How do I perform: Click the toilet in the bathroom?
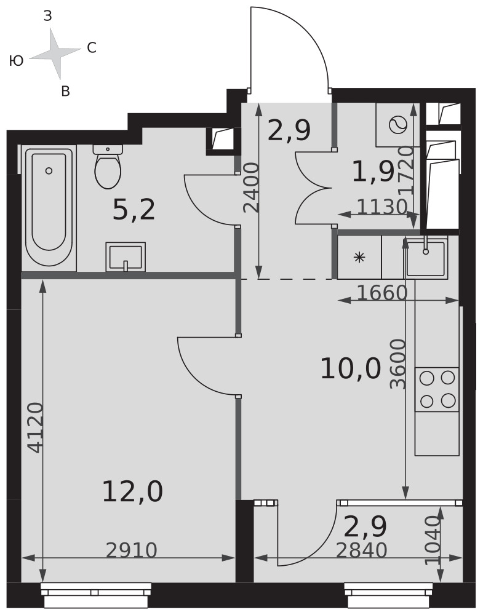coord(107,167)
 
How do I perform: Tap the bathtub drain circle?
coord(49,170)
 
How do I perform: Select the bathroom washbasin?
coord(126,257)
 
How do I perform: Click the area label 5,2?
coord(134,210)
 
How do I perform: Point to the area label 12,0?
coord(132,492)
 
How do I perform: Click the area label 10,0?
coord(351,369)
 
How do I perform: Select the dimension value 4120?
coord(36,427)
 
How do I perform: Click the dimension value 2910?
coord(132,550)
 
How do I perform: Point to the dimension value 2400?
coord(251,188)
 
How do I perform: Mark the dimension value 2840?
coord(362,550)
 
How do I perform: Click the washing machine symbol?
coord(398,125)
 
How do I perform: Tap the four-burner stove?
coord(437,389)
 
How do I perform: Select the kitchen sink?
coord(426,257)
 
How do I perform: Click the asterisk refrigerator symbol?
coord(359,257)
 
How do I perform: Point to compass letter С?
coord(92,48)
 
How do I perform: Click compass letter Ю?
coord(16,61)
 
